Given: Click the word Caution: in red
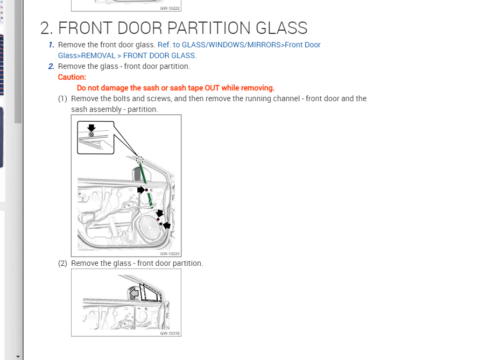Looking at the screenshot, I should coord(72,77).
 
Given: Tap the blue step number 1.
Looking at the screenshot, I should coord(51,45).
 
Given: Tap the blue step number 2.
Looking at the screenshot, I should coord(51,66).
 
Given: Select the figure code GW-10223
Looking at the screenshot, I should coord(170,253).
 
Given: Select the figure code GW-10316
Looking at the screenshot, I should coord(170,333).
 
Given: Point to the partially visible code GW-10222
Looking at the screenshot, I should coord(170,8).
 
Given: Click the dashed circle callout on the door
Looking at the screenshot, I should coord(140,160).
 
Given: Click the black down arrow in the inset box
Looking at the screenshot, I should coord(91,128).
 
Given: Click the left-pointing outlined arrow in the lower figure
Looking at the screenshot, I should coord(134,293).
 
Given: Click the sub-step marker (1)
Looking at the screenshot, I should coord(63,98).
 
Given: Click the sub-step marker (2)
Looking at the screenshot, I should coord(63,263).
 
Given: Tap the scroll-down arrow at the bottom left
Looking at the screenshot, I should coord(18,356).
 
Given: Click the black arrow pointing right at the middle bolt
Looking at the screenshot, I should coord(141,189).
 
